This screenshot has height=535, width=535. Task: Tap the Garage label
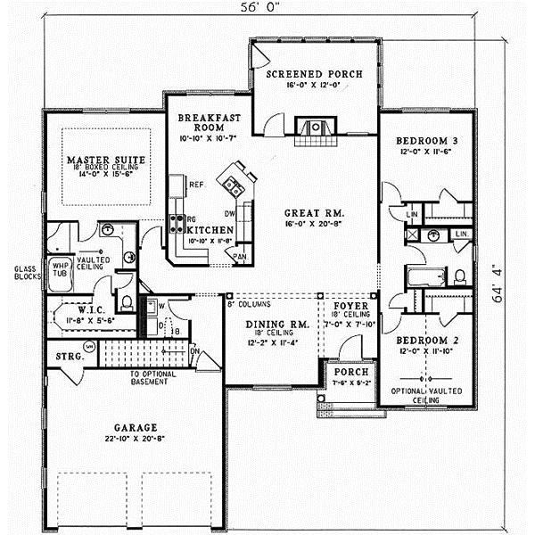[136, 426]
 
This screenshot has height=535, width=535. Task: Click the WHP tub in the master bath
[61, 268]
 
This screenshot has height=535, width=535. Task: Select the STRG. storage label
[70, 358]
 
